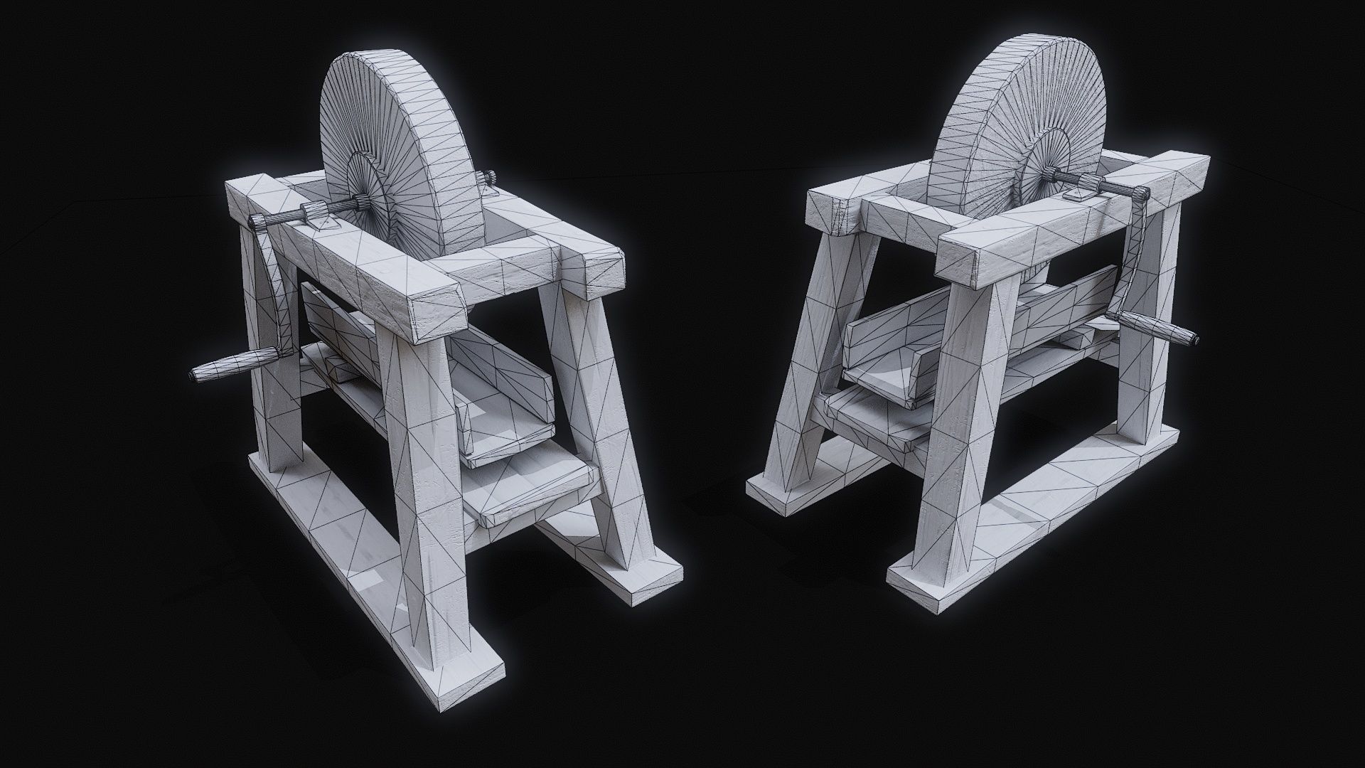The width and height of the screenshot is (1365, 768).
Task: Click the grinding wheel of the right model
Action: (x=995, y=121)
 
